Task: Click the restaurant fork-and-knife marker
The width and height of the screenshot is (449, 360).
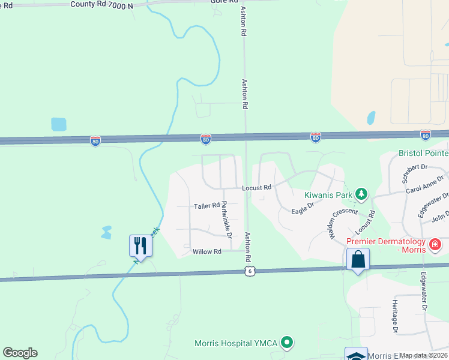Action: click(140, 245)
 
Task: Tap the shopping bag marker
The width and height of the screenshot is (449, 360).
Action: click(358, 260)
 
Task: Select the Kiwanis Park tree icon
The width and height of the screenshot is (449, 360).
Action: click(361, 193)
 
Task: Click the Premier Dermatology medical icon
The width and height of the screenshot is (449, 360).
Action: click(435, 245)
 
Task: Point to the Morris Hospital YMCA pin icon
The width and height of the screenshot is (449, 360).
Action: click(288, 343)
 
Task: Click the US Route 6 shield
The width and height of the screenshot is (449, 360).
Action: click(249, 272)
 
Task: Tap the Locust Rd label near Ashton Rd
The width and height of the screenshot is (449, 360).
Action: click(257, 187)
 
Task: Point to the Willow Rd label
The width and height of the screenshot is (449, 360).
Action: click(207, 251)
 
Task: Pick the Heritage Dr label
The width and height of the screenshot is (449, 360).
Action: click(395, 316)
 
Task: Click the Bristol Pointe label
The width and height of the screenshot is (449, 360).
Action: click(423, 153)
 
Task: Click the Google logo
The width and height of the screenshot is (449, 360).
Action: click(20, 353)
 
